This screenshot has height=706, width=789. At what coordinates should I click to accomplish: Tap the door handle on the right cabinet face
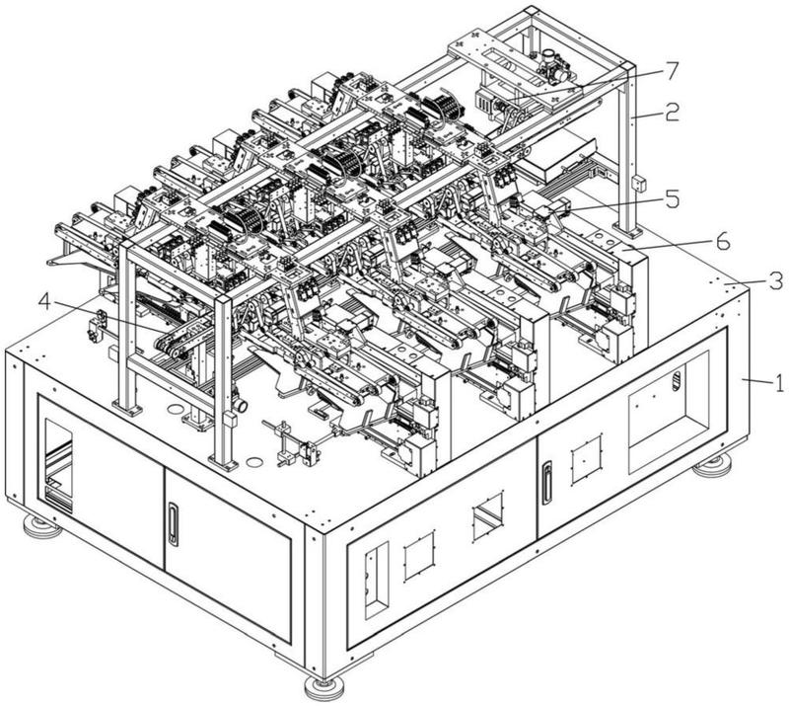(x=543, y=485)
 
